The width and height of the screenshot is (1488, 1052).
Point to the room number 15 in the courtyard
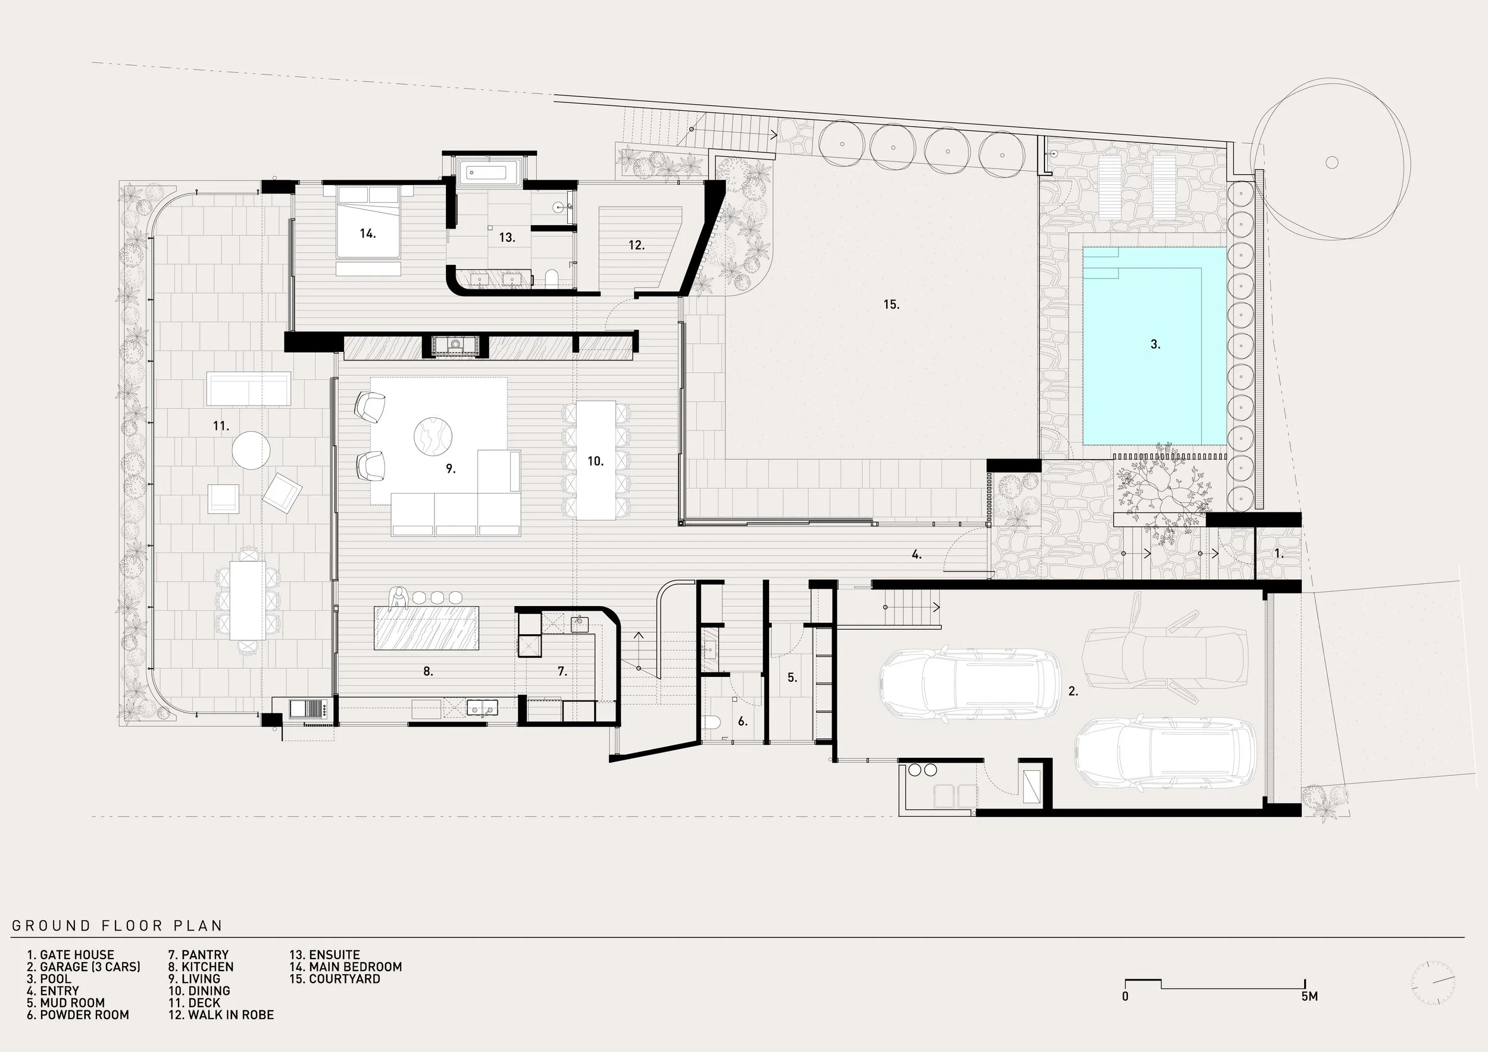[x=891, y=305]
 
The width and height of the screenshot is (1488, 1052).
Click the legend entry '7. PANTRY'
[x=198, y=955]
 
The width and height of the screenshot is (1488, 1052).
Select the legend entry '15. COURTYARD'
[x=335, y=979]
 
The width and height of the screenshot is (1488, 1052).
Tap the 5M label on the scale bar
[x=1309, y=996]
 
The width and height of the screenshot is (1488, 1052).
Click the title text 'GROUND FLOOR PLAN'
[x=117, y=926]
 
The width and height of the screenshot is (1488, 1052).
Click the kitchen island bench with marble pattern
[x=426, y=628]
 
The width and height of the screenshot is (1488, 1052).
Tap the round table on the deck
[x=251, y=450]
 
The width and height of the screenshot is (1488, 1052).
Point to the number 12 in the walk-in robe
[x=636, y=245]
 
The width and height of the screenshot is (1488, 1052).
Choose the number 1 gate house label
[x=1278, y=554]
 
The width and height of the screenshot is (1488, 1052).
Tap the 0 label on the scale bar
[x=1125, y=996]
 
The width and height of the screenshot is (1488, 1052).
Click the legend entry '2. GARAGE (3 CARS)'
[x=83, y=966]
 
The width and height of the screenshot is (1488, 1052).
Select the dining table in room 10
[x=596, y=460]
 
